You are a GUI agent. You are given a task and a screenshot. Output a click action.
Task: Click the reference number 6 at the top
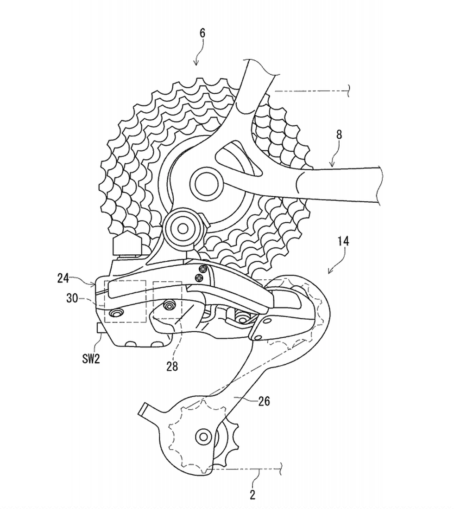pyautogui.click(x=202, y=33)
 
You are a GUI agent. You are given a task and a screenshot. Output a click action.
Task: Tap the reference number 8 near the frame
pyautogui.click(x=339, y=135)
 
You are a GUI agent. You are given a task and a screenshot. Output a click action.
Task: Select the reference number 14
pyautogui.click(x=343, y=241)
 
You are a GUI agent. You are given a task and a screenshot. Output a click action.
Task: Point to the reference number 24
pyautogui.click(x=63, y=278)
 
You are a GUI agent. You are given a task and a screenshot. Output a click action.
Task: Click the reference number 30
pyautogui.click(x=72, y=298)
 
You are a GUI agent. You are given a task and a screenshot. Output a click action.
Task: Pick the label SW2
pyautogui.click(x=91, y=359)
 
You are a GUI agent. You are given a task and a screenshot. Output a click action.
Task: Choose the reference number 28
pyautogui.click(x=172, y=366)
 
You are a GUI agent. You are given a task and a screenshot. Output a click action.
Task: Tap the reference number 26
pyautogui.click(x=264, y=401)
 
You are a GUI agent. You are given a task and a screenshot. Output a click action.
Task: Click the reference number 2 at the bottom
pyautogui.click(x=252, y=495)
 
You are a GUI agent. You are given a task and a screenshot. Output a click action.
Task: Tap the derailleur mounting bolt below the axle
pyautogui.click(x=182, y=228)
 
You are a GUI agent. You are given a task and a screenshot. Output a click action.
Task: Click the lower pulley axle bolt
pyautogui.click(x=204, y=436)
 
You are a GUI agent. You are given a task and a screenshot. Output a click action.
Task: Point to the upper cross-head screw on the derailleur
pyautogui.click(x=204, y=269)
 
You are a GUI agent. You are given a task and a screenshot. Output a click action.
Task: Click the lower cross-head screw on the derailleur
pyautogui.click(x=198, y=277)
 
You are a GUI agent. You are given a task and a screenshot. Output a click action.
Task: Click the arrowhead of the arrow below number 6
pyautogui.click(x=196, y=63)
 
